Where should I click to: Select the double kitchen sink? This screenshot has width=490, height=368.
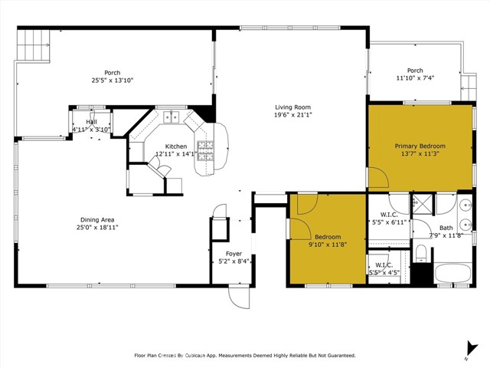(171, 117)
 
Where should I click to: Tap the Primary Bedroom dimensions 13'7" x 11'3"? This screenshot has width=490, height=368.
(420, 153)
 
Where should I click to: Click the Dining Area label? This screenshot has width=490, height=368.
(97, 219)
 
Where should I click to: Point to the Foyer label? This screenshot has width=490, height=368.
(234, 254)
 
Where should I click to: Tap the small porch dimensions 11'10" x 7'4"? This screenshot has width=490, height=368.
(415, 78)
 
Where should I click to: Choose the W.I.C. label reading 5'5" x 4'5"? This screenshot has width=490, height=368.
(384, 272)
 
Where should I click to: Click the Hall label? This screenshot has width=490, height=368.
(91, 122)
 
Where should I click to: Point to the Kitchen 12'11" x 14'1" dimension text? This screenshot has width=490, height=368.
(177, 153)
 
